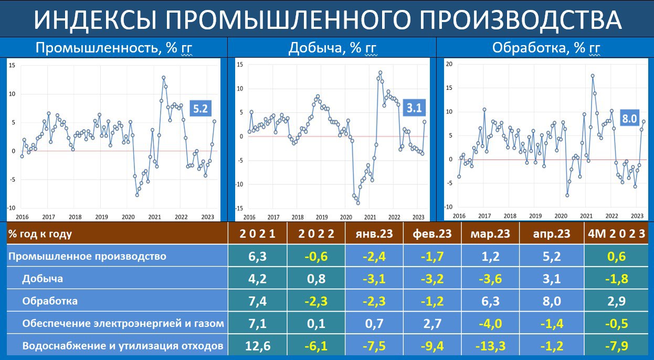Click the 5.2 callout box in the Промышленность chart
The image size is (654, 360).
click(201, 108)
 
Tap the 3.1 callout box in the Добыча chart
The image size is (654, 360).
click(414, 108)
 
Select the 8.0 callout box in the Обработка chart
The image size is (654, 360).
click(629, 118)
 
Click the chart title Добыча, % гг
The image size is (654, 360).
click(333, 48)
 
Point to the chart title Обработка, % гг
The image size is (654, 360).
click(546, 48)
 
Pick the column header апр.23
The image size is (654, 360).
click(552, 234)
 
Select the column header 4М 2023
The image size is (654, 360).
click(616, 234)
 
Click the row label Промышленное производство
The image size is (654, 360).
click(87, 256)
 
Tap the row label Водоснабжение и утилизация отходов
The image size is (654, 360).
click(123, 346)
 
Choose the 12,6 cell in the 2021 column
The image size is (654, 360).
click(258, 346)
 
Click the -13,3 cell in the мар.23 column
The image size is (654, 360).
click(490, 346)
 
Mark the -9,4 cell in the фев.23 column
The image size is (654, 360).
click(432, 346)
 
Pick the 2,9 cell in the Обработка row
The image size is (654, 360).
click(616, 301)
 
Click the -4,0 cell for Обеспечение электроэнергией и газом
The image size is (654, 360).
click(490, 323)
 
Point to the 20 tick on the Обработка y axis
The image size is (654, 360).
click(449, 64)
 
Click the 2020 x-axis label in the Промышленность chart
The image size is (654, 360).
click(128, 217)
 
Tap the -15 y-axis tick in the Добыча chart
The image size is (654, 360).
click(240, 208)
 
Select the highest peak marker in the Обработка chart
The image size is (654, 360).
click(593, 76)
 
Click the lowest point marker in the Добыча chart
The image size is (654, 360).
click(358, 203)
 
